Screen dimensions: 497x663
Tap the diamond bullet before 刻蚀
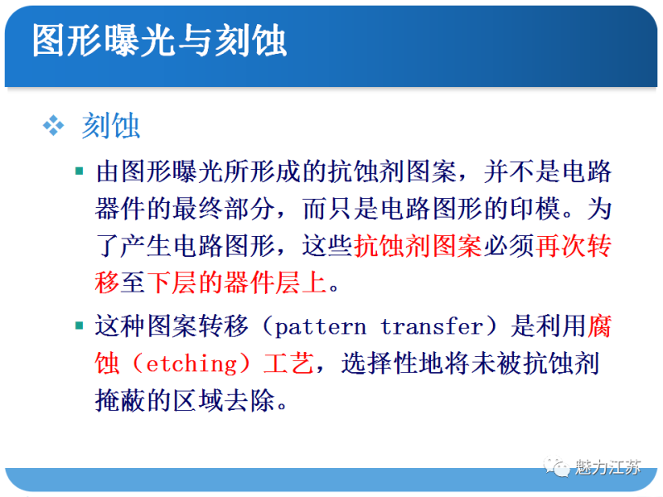tap(54, 125)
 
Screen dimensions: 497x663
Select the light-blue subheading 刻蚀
tap(111, 126)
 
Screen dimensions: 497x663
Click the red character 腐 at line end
tap(599, 326)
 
